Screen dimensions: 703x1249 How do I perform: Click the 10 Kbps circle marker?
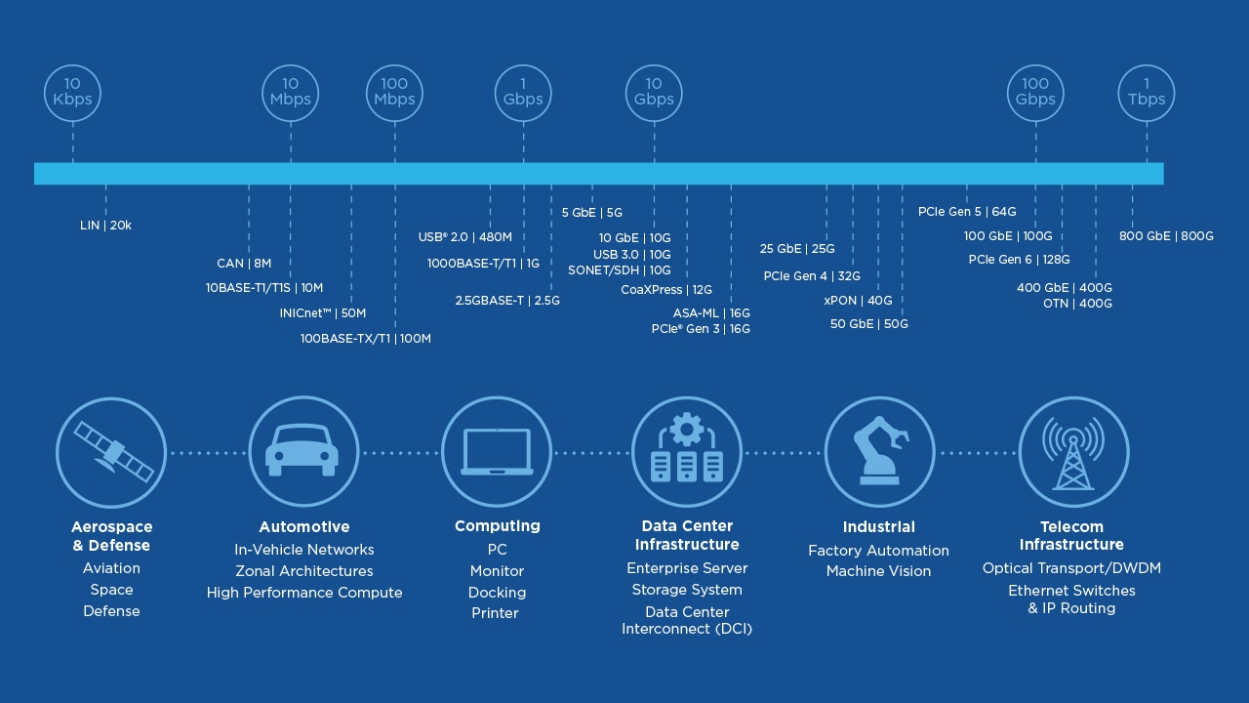coord(72,93)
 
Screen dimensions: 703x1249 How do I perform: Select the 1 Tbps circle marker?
coord(1147,93)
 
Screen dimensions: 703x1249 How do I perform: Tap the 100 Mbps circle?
coord(394,93)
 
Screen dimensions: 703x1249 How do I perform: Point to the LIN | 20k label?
coord(105,226)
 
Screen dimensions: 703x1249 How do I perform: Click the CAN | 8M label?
coord(244,264)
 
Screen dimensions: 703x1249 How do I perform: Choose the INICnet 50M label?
coord(322,313)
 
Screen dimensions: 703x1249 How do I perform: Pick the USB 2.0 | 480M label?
coord(464,237)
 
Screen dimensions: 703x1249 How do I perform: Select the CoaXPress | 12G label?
coord(666,290)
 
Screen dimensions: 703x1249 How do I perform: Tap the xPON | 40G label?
coord(858,301)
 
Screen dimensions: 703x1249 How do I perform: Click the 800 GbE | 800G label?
coord(1166,236)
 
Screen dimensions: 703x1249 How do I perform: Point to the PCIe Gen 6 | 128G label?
coord(1019,260)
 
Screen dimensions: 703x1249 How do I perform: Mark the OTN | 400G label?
coord(1077,304)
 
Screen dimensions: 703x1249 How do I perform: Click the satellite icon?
coord(111,452)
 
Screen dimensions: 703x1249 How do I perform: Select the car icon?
coord(303,452)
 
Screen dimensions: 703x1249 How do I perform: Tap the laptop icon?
coord(497,452)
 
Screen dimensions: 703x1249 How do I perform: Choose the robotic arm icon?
coord(879,452)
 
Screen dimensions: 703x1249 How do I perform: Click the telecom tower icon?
coord(1072,452)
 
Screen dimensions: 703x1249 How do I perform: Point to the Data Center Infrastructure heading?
coord(687,535)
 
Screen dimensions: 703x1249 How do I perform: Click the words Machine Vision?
coord(878,571)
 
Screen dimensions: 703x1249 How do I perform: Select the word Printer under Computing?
coord(495,613)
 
